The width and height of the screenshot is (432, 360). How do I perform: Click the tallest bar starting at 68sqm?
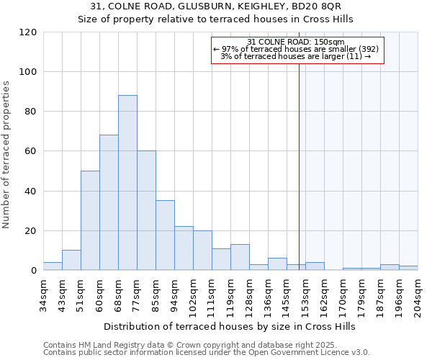127,183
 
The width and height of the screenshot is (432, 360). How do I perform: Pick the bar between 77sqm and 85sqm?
146,210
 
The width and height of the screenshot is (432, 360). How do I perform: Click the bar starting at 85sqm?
165,235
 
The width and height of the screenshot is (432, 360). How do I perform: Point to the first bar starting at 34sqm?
53,266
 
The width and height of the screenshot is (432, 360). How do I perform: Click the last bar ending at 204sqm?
408,269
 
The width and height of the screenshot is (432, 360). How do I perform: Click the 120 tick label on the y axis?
29,32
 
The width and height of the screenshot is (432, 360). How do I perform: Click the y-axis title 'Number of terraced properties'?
7,155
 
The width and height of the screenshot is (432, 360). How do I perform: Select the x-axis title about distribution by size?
230,326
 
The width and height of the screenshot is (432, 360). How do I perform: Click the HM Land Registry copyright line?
201,345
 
